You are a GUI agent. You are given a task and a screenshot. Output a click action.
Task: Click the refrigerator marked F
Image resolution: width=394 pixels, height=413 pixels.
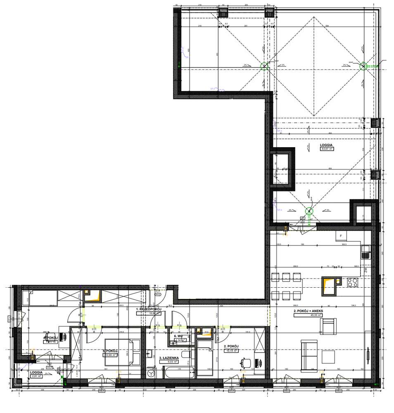[341, 236]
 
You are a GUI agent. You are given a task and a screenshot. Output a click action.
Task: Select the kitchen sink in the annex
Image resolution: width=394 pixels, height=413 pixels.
[365, 252]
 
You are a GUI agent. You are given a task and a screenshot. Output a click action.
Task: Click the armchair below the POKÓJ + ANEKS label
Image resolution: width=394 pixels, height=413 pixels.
[328, 326]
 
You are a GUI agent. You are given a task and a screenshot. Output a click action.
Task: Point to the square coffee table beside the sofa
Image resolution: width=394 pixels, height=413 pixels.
[328, 356]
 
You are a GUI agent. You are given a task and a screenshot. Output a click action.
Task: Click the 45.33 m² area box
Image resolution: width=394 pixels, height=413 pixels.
[308, 315]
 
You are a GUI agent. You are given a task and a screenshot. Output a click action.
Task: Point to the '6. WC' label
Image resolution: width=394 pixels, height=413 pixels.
[178, 336]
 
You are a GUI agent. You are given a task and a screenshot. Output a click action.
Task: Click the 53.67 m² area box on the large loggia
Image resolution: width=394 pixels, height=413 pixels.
[327, 149]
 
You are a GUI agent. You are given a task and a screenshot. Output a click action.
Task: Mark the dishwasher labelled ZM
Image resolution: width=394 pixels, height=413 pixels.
[366, 270]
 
